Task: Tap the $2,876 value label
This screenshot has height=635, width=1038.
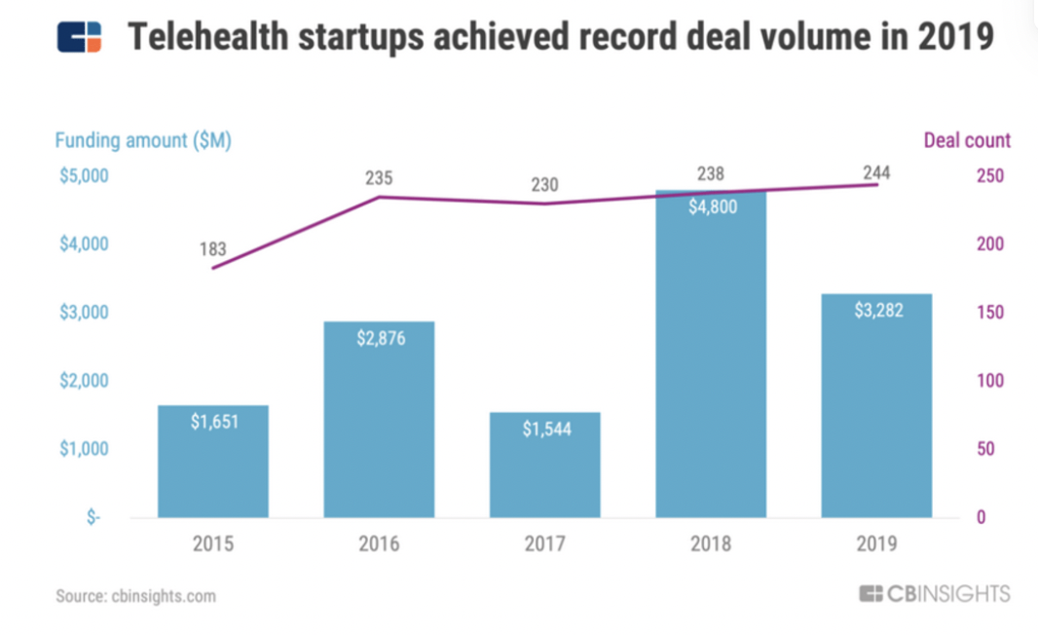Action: click(379, 339)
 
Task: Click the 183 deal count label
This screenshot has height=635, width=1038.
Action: click(213, 249)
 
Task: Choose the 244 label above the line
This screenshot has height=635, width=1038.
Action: click(876, 173)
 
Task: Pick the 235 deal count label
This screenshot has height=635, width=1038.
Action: click(379, 178)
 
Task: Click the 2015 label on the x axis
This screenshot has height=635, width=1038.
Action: click(213, 543)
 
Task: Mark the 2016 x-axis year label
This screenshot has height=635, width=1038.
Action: click(379, 543)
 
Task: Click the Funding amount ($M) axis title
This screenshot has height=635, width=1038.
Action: click(143, 140)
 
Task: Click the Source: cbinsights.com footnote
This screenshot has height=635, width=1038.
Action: click(136, 596)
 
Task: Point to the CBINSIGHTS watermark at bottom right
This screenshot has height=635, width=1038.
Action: click(935, 593)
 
